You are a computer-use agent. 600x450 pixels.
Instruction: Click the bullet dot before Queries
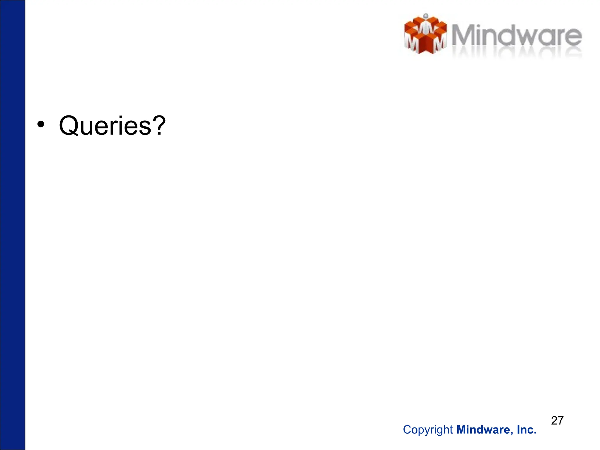(x=41, y=125)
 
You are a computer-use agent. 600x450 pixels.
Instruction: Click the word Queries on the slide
(x=105, y=126)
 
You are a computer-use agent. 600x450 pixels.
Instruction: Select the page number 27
(x=557, y=420)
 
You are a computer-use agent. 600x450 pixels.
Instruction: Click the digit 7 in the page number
(x=560, y=420)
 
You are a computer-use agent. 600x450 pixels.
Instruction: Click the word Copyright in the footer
(x=428, y=430)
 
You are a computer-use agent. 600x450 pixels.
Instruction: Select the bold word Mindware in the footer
(x=483, y=430)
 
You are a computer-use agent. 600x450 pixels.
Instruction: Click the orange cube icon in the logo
(x=425, y=35)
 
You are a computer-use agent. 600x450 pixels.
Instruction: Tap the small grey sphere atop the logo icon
(x=426, y=16)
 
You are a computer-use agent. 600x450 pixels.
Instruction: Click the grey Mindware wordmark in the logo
(x=517, y=36)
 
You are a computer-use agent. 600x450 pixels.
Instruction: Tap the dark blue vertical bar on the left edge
(x=12, y=225)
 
